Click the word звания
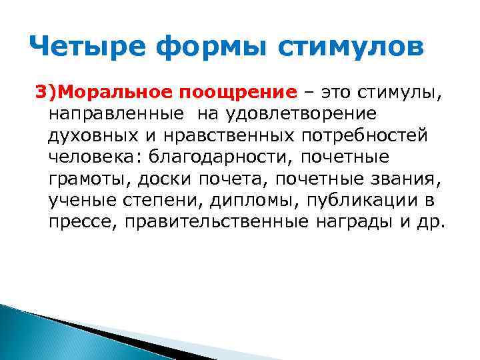[404, 180]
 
